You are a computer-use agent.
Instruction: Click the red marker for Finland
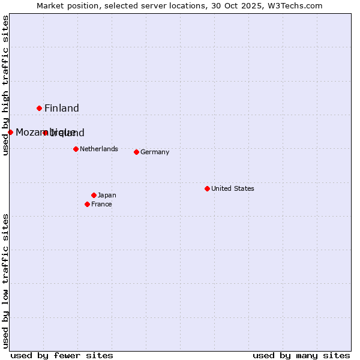point(40,108)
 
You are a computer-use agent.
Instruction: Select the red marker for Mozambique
point(10,132)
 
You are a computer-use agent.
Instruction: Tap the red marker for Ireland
point(45,133)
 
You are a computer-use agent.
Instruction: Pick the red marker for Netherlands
point(76,149)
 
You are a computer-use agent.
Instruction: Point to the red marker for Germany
point(136,152)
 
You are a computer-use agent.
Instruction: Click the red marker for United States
point(207,188)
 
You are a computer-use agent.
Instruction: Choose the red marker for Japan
point(94,195)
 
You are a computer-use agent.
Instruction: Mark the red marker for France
point(88,204)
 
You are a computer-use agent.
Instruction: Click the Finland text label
point(62,109)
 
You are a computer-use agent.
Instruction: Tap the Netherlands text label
point(99,149)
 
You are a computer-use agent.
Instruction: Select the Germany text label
point(155,152)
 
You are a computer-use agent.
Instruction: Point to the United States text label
point(233,188)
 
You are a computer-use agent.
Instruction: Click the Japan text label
point(107,195)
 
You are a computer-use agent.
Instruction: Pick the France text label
point(101,205)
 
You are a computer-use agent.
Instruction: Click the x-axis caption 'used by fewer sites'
point(62,355)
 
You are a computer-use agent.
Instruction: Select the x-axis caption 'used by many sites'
point(301,355)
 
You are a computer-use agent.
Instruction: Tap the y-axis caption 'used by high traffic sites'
point(6,85)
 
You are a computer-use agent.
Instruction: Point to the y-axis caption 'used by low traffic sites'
point(6,281)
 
